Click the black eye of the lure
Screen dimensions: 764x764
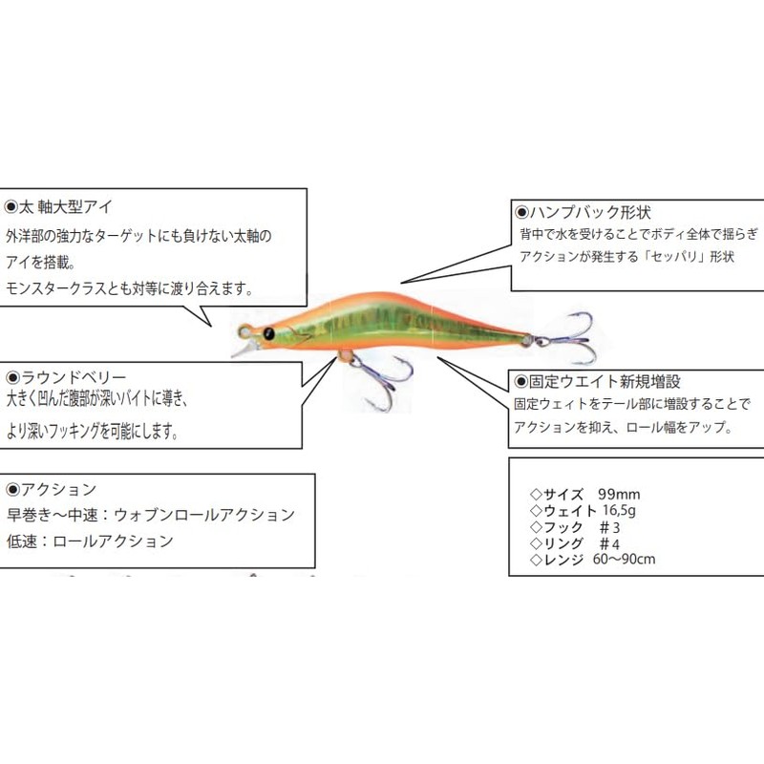tap(268, 333)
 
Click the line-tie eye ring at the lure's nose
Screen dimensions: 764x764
tap(244, 332)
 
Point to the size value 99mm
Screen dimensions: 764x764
tap(619, 494)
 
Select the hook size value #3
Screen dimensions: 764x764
tap(609, 527)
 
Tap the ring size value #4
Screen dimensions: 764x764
tap(609, 543)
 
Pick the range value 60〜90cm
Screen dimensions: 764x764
tap(625, 559)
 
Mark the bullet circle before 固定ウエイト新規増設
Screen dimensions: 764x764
tap(521, 382)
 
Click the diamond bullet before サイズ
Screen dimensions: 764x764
tap(536, 495)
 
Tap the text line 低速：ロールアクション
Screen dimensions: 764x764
tap(90, 541)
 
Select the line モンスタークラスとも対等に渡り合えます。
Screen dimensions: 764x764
tap(130, 289)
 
